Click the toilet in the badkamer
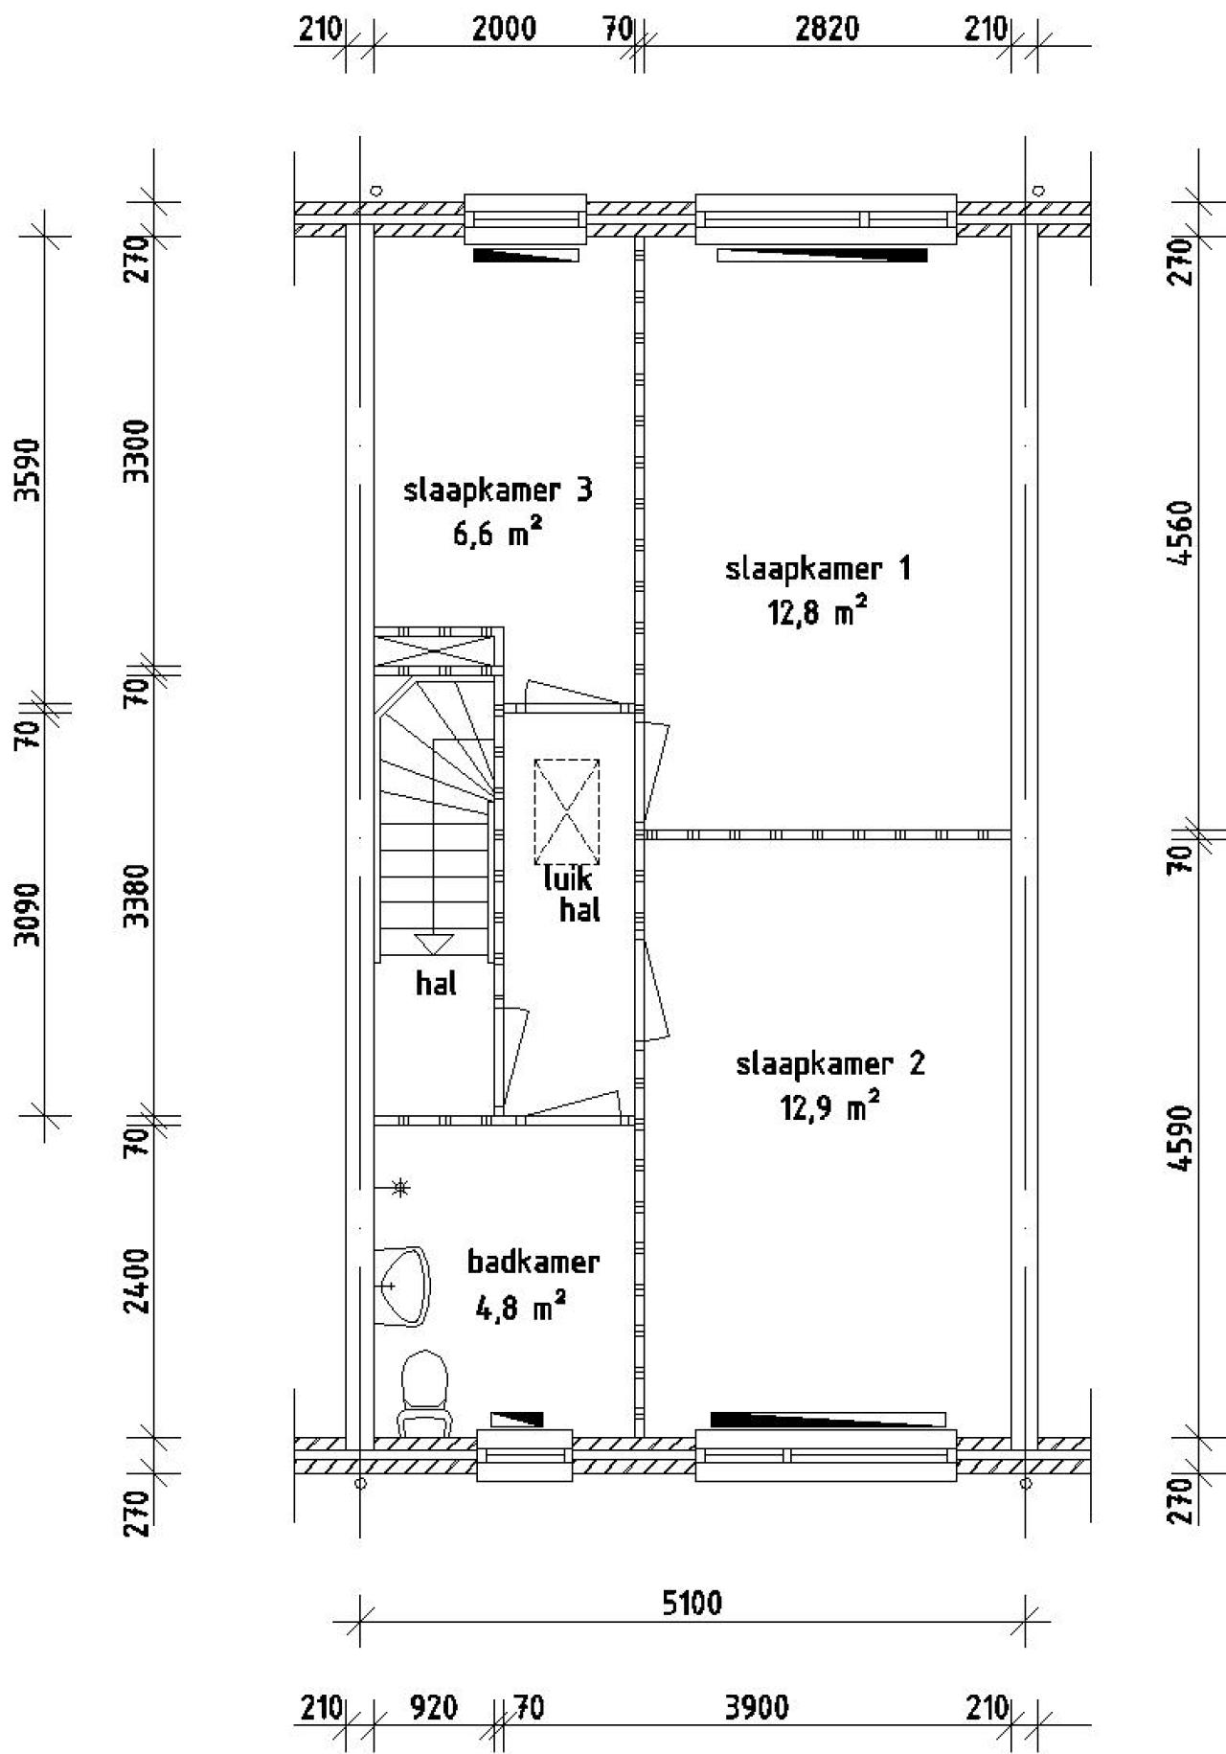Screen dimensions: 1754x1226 click(x=424, y=1390)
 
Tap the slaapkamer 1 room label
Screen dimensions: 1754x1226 click(x=818, y=570)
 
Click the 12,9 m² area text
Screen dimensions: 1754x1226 click(x=829, y=1108)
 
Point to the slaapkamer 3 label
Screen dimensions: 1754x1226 click(x=498, y=491)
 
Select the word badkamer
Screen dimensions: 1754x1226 click(x=533, y=1262)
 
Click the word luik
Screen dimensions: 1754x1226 click(x=567, y=878)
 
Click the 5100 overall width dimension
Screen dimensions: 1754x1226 click(x=692, y=1603)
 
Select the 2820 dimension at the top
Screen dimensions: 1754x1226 click(x=827, y=29)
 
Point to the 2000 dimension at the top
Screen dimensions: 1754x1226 click(x=504, y=29)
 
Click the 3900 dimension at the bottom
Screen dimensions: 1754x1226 click(x=757, y=1707)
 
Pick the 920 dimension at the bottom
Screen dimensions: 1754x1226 click(x=433, y=1707)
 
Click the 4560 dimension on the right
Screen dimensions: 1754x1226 click(x=1184, y=534)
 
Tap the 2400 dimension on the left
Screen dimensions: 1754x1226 click(x=140, y=1281)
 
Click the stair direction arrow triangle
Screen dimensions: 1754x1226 click(x=433, y=944)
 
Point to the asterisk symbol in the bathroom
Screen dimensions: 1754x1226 click(x=401, y=1188)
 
